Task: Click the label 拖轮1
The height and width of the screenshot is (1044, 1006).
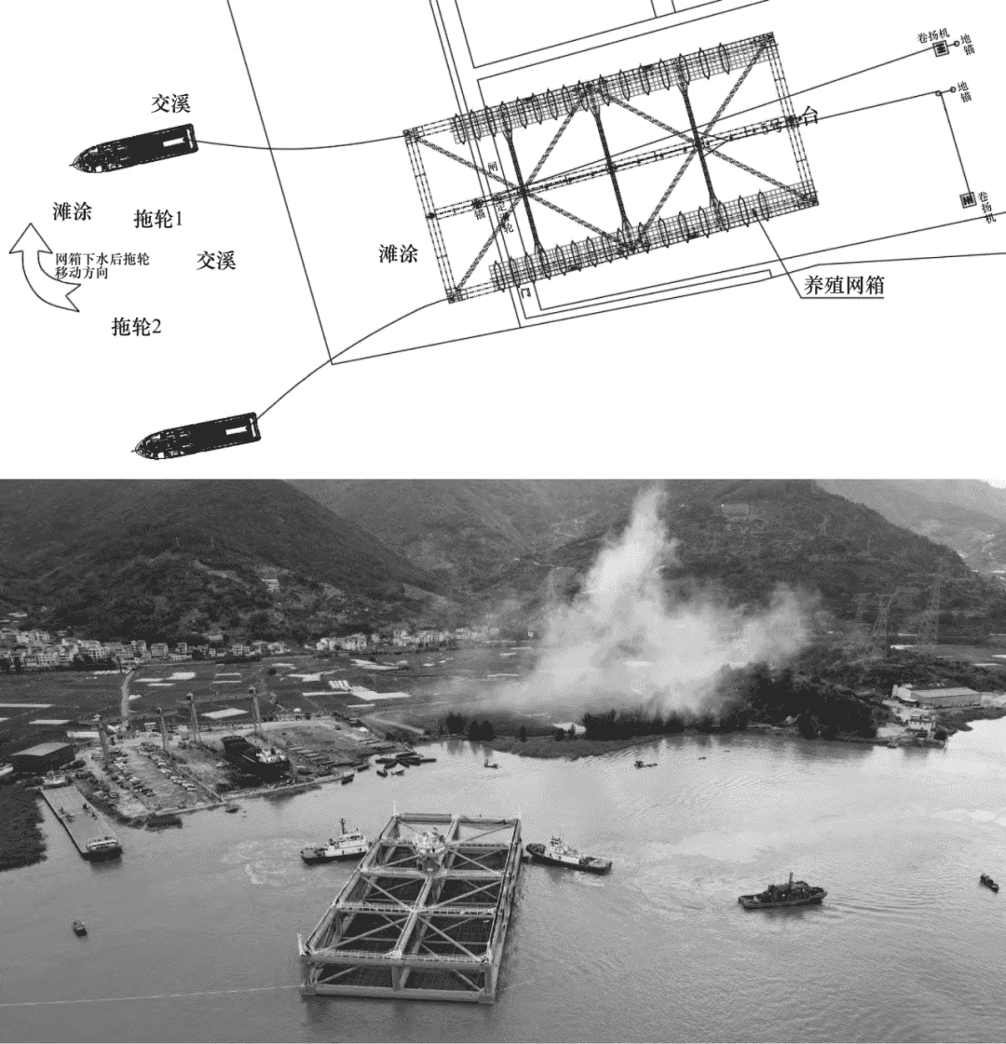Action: [158, 220]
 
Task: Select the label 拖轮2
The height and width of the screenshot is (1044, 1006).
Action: [136, 327]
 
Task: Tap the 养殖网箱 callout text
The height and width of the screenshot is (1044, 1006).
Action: [844, 286]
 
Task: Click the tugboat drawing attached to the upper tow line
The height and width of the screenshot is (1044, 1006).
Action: [136, 148]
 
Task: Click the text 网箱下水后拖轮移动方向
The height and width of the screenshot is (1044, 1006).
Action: [102, 266]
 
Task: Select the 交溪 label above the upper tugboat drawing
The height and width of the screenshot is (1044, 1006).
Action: [170, 104]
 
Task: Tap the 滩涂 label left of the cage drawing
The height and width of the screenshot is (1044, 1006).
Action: [399, 253]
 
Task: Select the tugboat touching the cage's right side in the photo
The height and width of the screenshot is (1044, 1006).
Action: [568, 855]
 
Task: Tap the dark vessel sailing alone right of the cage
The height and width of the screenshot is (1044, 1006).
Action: [782, 894]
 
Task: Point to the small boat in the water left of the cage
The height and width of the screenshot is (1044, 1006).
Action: [79, 928]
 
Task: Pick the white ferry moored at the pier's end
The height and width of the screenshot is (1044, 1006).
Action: [102, 847]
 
